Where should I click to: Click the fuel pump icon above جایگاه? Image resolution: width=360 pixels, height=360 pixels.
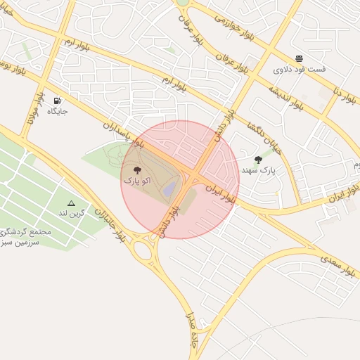(x=57, y=101)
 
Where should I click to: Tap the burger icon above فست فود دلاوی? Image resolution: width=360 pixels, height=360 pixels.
(x=300, y=58)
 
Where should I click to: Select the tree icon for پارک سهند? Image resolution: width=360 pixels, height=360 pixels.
(x=259, y=160)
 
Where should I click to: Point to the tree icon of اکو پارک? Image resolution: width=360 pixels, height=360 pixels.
(x=137, y=170)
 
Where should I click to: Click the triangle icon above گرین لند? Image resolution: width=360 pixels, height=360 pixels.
(x=71, y=202)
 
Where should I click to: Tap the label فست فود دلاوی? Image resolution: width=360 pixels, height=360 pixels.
(x=300, y=70)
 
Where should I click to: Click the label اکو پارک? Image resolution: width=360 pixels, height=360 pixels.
(x=137, y=181)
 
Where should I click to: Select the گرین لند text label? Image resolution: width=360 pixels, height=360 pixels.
(x=72, y=212)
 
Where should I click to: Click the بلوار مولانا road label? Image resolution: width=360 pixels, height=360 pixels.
(x=34, y=110)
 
